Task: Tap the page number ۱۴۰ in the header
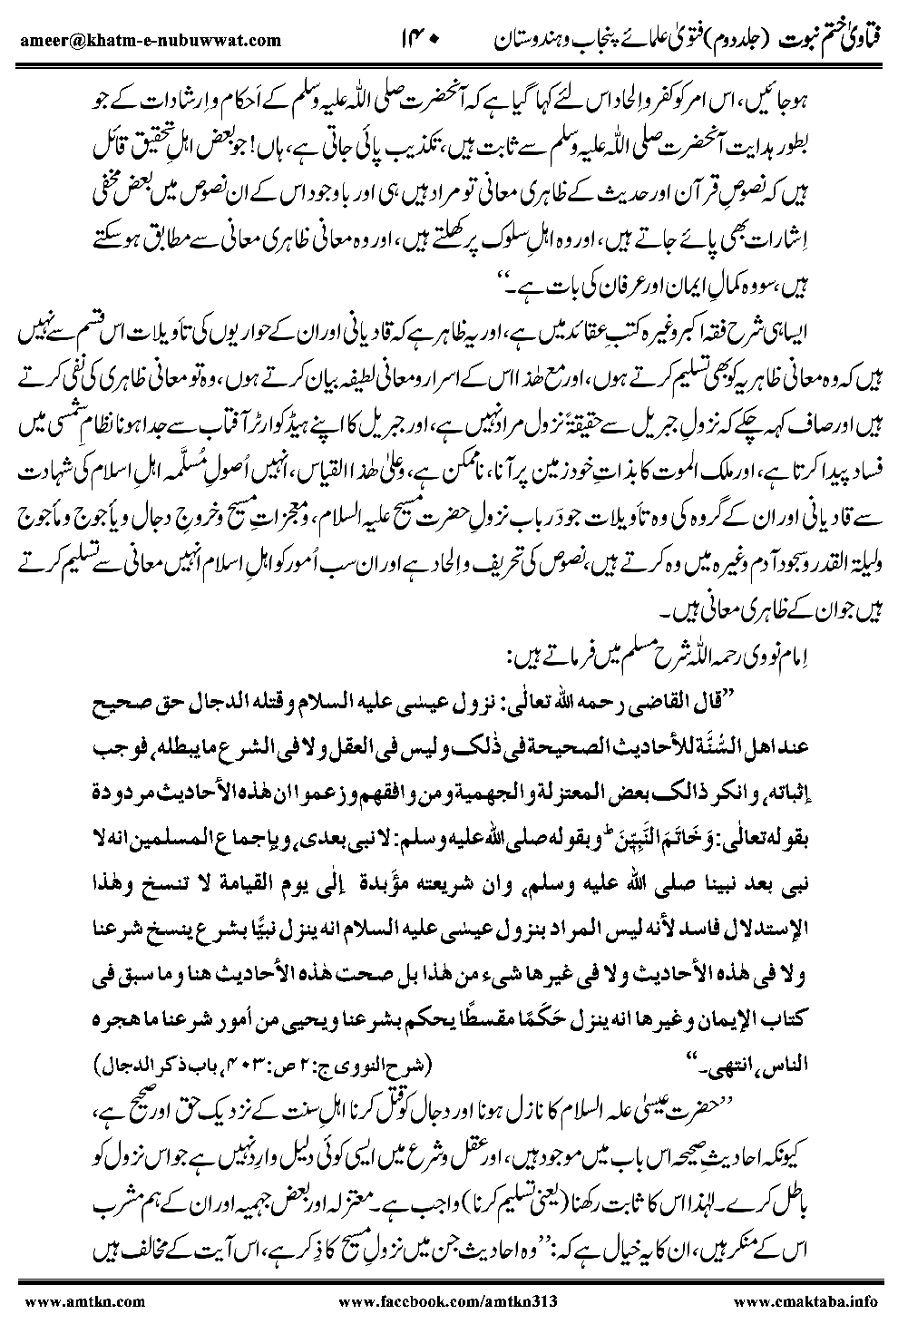coord(420,40)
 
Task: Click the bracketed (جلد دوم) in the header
coord(730,40)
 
